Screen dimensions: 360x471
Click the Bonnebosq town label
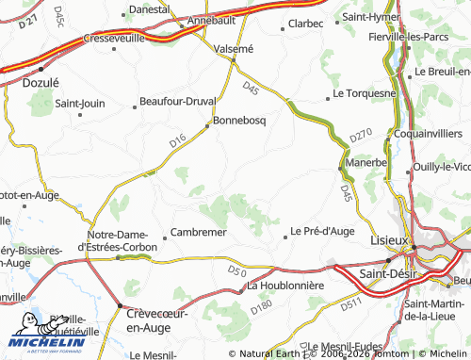point(241,121)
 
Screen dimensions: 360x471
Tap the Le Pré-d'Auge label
point(322,230)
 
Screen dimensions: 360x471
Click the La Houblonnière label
point(284,285)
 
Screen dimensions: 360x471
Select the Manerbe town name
point(365,162)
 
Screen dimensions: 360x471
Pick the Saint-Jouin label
point(80,104)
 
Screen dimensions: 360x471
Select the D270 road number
point(362,136)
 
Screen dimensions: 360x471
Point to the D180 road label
point(261,305)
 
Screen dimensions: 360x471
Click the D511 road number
point(351,303)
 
